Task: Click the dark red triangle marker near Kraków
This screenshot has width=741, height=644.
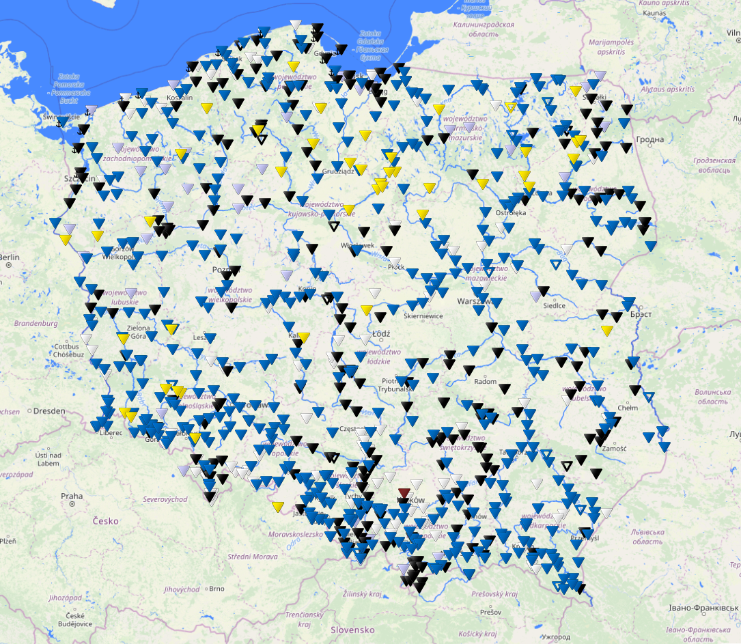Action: coord(404,493)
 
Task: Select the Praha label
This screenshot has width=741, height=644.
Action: coord(72,496)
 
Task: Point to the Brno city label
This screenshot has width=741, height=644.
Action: coord(216,588)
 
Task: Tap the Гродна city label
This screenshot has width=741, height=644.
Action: coord(649,140)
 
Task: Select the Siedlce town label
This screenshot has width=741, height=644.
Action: coord(553,305)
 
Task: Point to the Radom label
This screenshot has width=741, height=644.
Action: coord(486,382)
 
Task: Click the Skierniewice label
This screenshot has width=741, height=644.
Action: coord(423,316)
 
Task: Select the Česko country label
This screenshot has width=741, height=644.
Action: coord(105,520)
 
